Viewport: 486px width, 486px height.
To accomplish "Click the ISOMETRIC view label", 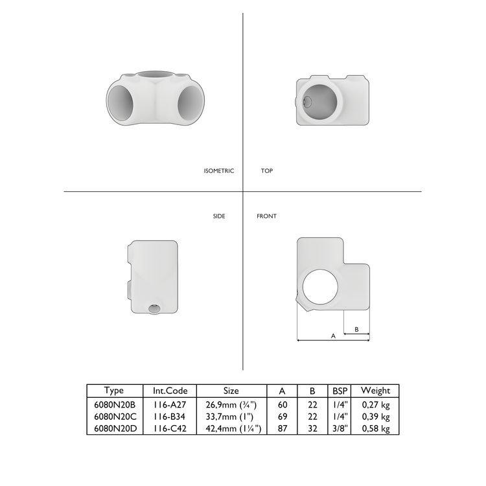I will click(218, 171).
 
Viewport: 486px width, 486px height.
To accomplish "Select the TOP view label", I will click(266, 171).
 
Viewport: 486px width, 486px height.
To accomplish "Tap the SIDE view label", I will click(219, 216).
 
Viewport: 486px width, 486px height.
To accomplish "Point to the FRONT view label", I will click(266, 216).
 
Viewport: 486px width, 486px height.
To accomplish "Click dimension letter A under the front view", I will click(333, 336).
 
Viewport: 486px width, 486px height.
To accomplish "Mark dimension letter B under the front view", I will click(356, 329).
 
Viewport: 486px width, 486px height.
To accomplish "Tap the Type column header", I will click(114, 391).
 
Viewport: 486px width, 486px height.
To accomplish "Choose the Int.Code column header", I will click(170, 391).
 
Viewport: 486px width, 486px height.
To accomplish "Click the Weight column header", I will click(375, 391).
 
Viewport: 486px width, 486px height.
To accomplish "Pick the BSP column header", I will click(340, 391).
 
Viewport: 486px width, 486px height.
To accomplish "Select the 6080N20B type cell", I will click(114, 404).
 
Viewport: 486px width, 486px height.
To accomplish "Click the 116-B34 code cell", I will click(170, 417).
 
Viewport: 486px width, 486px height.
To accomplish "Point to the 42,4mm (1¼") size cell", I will click(231, 428).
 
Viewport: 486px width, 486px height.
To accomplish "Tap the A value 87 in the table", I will click(282, 428).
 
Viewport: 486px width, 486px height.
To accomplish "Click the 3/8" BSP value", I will click(340, 428).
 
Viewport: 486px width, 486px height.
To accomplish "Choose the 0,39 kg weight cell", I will click(375, 417).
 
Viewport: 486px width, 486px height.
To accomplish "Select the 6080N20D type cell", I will click(114, 428).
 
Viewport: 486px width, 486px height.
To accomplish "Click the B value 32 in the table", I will click(312, 428).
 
